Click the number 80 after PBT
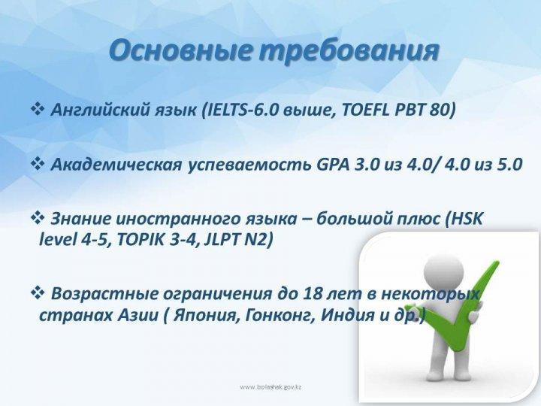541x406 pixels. pyautogui.click(x=440, y=110)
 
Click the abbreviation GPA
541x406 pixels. pyautogui.click(x=333, y=165)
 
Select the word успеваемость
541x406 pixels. pyautogui.click(x=249, y=165)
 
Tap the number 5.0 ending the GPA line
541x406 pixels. pyautogui.click(x=509, y=165)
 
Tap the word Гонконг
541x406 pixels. pyautogui.click(x=280, y=315)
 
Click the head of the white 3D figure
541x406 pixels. pyautogui.click(x=443, y=270)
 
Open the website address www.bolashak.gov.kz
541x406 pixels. pyautogui.click(x=270, y=387)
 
